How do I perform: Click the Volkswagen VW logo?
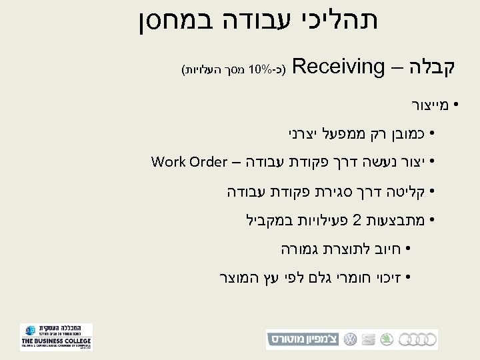click(x=349, y=339)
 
